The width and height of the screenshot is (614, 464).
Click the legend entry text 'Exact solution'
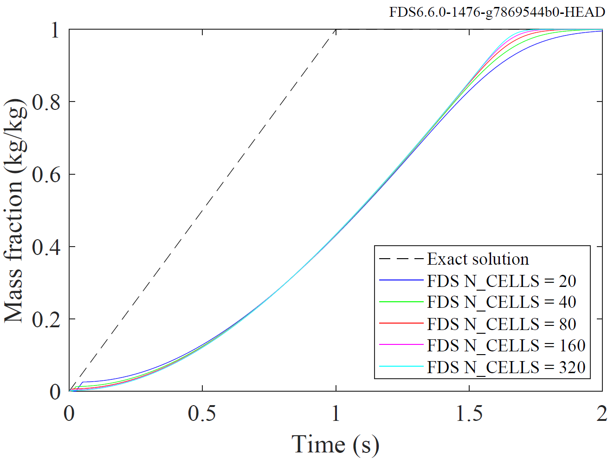point(478,259)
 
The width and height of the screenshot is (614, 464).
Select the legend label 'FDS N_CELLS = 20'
point(501,281)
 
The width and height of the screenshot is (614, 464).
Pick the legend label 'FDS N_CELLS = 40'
point(501,302)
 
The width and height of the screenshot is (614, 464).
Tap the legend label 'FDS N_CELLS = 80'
point(501,324)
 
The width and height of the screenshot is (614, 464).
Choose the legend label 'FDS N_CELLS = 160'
point(506,345)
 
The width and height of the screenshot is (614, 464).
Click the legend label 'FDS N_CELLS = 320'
point(506,367)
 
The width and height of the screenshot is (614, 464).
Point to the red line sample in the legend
point(401,323)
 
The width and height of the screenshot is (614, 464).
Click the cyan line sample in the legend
point(401,367)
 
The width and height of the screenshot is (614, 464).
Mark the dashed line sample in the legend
point(401,259)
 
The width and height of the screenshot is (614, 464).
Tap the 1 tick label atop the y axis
point(55,30)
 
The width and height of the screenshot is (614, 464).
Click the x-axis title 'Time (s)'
point(335,445)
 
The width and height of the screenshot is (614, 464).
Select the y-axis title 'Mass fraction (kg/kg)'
point(15,211)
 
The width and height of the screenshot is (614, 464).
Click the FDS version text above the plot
point(497,12)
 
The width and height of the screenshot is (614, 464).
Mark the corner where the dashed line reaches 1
point(336,29)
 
